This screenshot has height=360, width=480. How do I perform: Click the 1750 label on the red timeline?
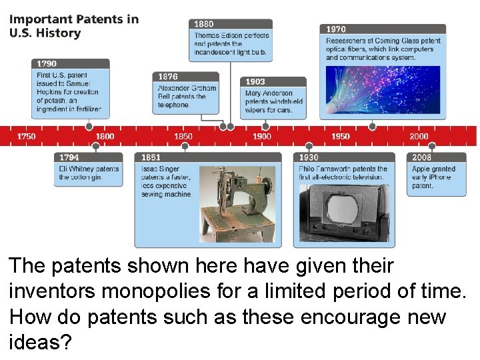(x=27, y=136)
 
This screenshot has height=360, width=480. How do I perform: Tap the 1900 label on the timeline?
(x=262, y=136)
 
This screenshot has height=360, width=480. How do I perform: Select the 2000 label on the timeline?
(x=419, y=136)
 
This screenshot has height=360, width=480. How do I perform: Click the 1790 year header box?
(x=70, y=64)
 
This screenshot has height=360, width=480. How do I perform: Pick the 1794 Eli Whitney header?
(x=88, y=157)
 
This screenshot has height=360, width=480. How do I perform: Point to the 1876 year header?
(x=186, y=77)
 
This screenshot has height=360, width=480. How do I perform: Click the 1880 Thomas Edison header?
(x=230, y=24)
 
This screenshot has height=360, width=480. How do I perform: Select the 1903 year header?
(x=273, y=82)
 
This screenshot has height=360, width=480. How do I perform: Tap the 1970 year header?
(x=383, y=29)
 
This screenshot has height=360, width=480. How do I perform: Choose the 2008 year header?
(x=436, y=157)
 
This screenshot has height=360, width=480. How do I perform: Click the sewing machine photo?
(x=236, y=203)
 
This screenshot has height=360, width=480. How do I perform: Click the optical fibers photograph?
(x=383, y=89)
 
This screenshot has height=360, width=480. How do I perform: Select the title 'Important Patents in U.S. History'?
(x=73, y=26)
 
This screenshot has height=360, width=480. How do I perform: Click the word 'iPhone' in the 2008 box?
(x=440, y=177)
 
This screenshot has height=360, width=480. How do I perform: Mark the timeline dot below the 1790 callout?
(x=89, y=126)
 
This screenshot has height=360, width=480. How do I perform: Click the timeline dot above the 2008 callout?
(x=432, y=146)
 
